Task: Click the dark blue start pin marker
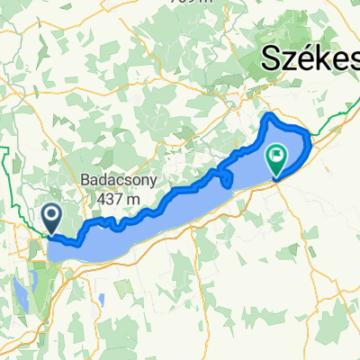[51, 216]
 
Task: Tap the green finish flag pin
[276, 158]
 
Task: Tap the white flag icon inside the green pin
[276, 157]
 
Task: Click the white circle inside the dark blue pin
[51, 214]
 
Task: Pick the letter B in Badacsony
[85, 178]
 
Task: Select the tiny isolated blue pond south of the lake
[107, 297]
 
